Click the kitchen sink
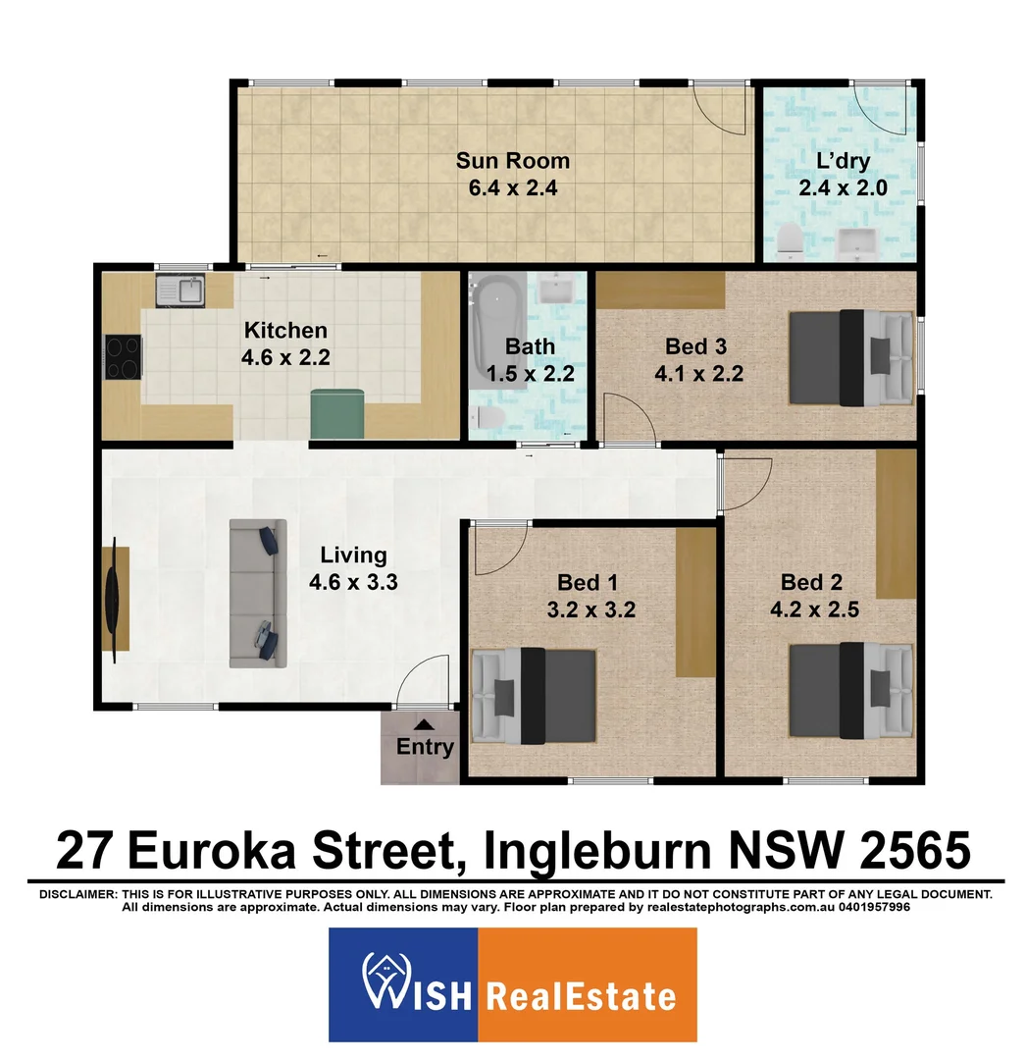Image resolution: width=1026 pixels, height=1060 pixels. (180, 290)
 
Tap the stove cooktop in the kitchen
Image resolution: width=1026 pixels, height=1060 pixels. (124, 357)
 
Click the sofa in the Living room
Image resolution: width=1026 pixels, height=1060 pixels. (257, 595)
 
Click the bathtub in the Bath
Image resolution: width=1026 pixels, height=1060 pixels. (497, 333)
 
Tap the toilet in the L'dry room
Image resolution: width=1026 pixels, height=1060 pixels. (791, 241)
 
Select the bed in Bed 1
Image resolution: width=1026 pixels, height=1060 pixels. (535, 696)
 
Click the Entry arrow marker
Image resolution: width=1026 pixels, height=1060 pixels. (423, 724)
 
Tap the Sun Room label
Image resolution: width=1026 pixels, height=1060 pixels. (513, 161)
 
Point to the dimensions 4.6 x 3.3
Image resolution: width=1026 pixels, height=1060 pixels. (353, 581)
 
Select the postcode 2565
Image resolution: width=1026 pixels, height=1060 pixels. (915, 849)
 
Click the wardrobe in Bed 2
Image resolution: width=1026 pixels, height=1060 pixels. (896, 524)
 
